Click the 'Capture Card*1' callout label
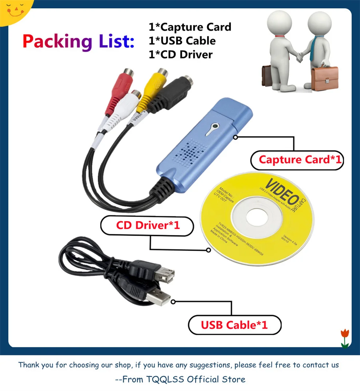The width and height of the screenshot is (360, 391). coord(297,160)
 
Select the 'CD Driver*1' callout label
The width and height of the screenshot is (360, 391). coord(148,225)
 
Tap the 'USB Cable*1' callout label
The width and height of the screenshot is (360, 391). coord(234,325)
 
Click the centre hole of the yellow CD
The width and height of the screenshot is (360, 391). coord(259,218)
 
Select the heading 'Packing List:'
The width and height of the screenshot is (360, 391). coord(78,41)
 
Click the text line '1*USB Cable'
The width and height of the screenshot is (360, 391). coord(182,41)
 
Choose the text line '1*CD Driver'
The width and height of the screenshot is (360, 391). coord(180,55)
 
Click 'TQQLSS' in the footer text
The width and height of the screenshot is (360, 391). coord(166,379)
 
